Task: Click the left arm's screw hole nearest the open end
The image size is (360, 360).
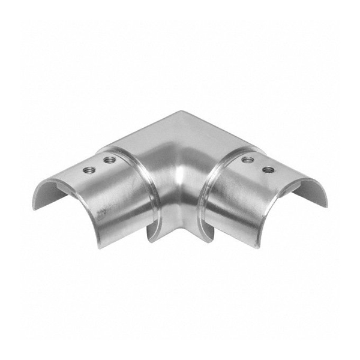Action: click(88, 170)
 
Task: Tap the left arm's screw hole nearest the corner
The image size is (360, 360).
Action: click(109, 160)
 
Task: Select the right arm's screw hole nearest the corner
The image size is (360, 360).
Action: click(247, 160)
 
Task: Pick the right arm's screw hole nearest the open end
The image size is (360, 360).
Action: click(268, 170)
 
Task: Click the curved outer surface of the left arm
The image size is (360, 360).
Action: click(90, 198)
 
